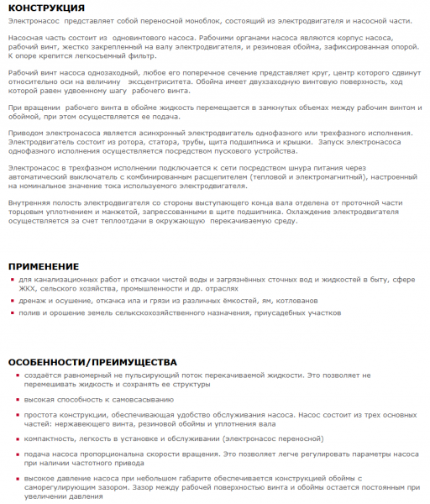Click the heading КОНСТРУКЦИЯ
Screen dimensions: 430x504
(x=46, y=8)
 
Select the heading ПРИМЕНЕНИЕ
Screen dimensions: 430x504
(x=44, y=266)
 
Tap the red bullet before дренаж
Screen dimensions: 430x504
(x=13, y=300)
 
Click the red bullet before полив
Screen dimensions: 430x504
(x=13, y=312)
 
